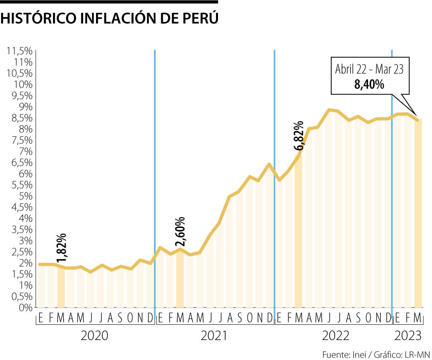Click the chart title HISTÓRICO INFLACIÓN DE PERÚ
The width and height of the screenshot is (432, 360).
coord(110,18)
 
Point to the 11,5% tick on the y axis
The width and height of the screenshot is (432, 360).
coord(18,51)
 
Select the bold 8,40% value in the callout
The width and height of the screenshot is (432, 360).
coord(370,84)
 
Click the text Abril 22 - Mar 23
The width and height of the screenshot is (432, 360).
coord(369,70)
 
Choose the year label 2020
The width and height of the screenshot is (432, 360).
coord(94,336)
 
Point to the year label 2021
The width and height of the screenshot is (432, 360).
coord(214,336)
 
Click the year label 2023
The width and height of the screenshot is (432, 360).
coord(408,336)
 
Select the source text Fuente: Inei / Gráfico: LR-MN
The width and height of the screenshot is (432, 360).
coord(376,355)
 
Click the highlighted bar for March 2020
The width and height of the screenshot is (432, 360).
coord(61,286)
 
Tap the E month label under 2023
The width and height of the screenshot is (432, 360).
coord(398,318)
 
